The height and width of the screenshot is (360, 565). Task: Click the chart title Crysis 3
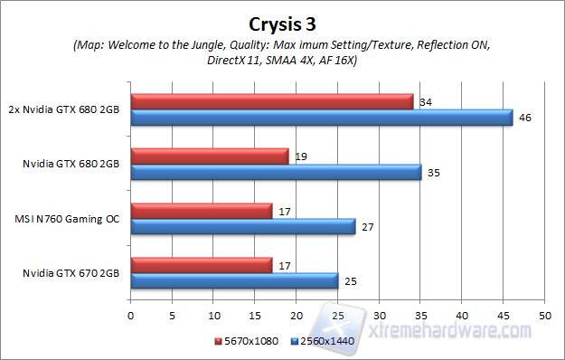click(281, 22)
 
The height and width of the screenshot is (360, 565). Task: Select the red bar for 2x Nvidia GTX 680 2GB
click(271, 100)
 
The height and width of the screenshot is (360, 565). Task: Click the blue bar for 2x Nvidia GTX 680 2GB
click(321, 117)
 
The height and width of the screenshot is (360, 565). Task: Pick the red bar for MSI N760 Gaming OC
click(202, 210)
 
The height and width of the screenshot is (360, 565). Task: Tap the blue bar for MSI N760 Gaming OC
click(243, 226)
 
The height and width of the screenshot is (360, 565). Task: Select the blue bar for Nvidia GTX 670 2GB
click(234, 280)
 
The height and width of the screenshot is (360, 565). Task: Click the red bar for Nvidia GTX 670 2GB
click(202, 264)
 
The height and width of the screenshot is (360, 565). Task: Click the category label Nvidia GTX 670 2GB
click(73, 272)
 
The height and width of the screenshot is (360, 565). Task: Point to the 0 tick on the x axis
click(131, 316)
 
